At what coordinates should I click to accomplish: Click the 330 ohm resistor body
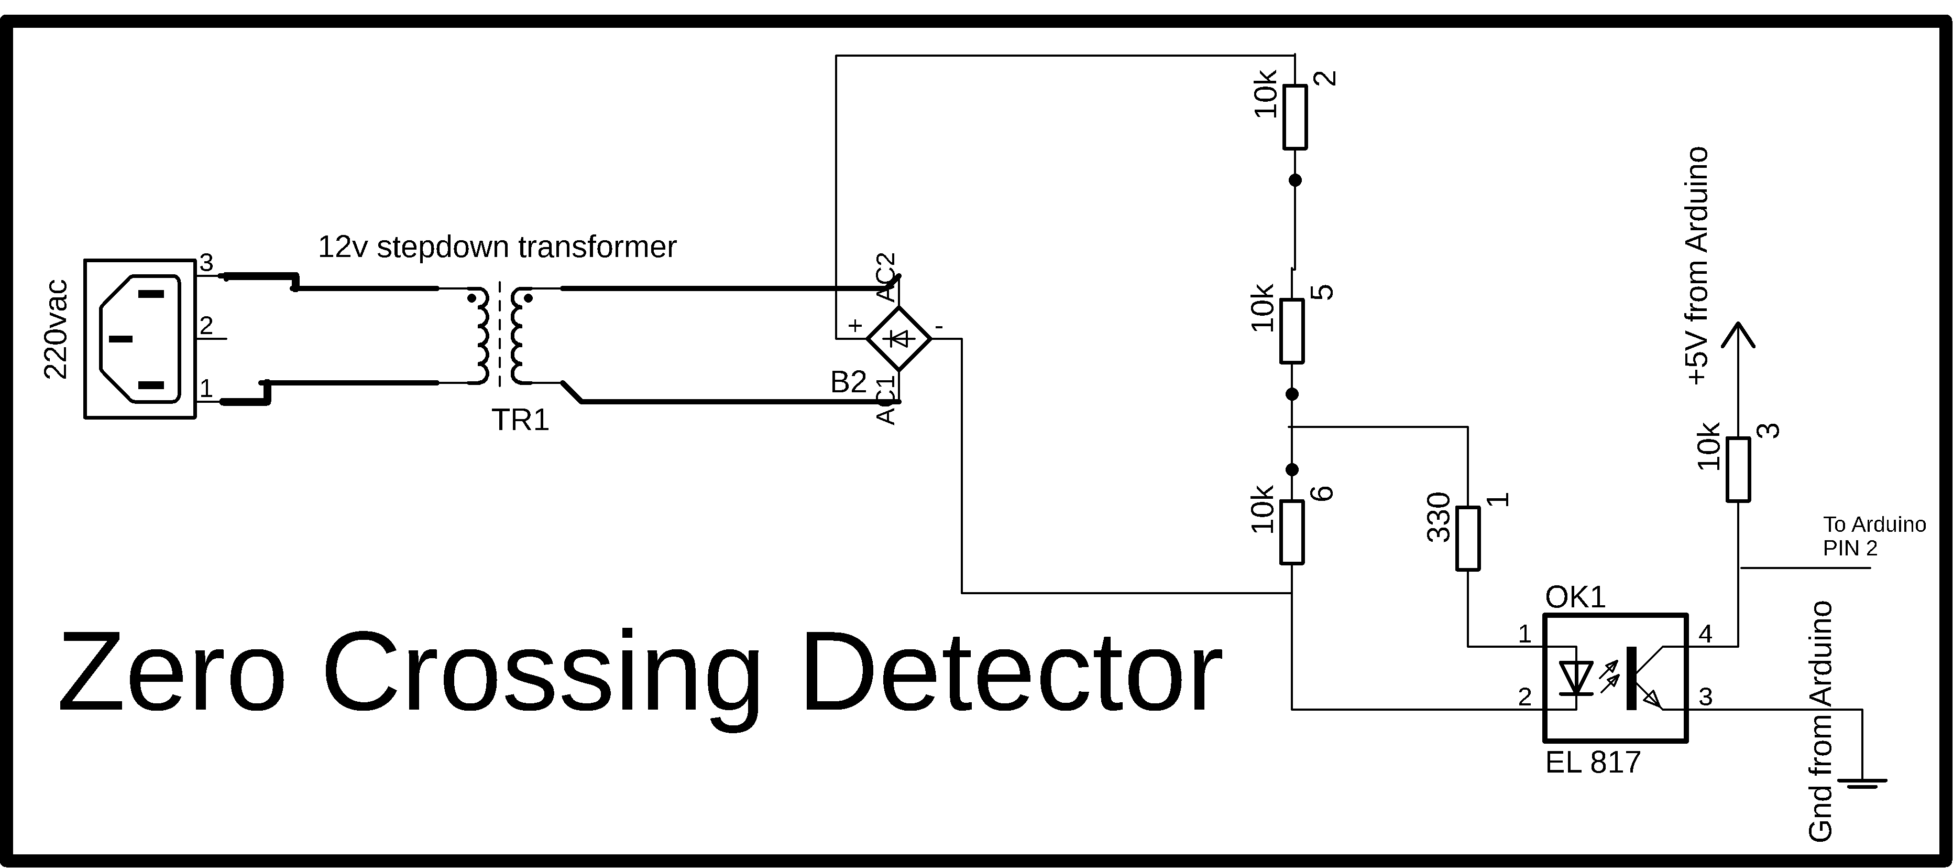point(1468,539)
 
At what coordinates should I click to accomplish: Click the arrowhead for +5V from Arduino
point(1738,335)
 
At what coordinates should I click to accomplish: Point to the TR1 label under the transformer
point(520,420)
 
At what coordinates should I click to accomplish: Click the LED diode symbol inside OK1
point(1576,678)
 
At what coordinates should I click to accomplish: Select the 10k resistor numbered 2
point(1295,117)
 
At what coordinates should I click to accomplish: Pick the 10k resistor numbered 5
point(1292,331)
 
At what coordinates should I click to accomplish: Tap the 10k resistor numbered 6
point(1292,532)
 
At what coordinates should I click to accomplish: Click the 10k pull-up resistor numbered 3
point(1738,469)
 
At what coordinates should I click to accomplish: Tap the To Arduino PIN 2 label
point(1874,535)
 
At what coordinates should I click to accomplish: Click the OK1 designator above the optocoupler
point(1575,598)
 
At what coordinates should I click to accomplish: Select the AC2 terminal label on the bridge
point(886,277)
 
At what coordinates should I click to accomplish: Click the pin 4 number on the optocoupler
point(1706,634)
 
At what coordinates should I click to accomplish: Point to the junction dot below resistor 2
point(1295,180)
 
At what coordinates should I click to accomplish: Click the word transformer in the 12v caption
point(597,247)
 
